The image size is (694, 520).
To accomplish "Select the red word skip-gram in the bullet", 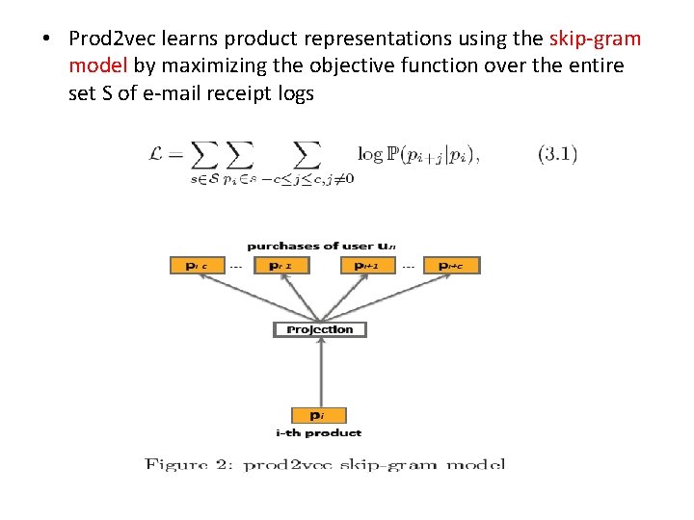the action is pos(594,39).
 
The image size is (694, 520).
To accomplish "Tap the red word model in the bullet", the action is pos(98,66).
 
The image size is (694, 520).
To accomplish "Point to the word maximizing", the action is pos(206,66).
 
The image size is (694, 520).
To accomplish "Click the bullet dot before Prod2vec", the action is pos(45,40).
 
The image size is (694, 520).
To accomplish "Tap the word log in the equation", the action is pos(369,154).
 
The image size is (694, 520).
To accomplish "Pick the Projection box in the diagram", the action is pos(320,329).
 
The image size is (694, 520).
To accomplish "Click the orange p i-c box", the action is pos(198,265).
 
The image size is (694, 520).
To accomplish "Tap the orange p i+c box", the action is pos(451,265).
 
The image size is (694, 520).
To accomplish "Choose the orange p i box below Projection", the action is pos(317,415).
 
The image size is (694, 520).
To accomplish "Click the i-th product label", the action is pos(318,433).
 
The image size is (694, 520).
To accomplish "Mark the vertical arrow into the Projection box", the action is pos(320,371).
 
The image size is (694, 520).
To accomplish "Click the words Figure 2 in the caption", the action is pos(187,464).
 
